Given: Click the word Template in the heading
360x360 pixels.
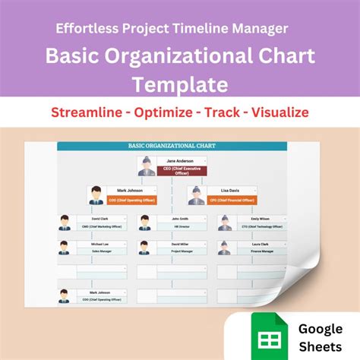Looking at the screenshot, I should point(179,82).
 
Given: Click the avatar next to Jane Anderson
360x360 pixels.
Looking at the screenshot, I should point(146,166).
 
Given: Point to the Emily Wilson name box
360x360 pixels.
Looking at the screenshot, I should point(254,219).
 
